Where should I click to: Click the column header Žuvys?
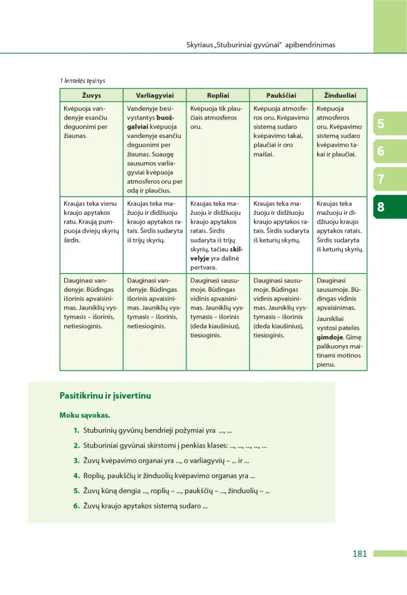(x=91, y=95)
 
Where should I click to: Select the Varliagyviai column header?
(x=155, y=95)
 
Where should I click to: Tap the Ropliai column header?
(x=217, y=95)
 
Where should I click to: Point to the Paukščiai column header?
(x=280, y=95)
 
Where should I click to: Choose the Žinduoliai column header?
(x=340, y=95)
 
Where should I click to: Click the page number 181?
(x=360, y=554)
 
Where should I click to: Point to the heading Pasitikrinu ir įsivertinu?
(x=105, y=396)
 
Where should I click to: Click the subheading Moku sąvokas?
(x=85, y=416)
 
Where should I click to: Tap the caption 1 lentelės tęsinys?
(x=83, y=81)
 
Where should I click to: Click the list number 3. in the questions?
(x=76, y=460)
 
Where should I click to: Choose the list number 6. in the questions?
(x=76, y=506)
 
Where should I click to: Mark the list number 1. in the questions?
(x=76, y=430)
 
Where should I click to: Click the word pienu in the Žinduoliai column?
(x=326, y=365)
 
